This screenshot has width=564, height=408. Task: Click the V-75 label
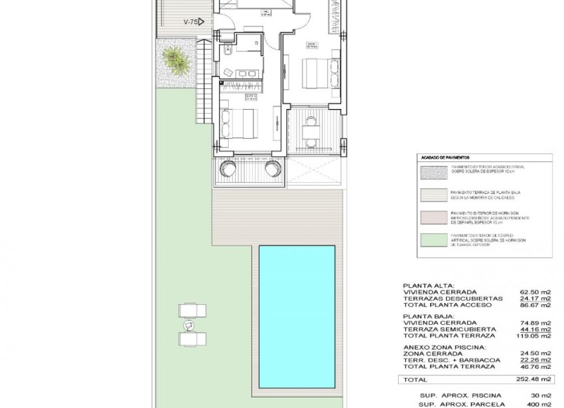[191, 22]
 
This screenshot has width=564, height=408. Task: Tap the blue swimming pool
[297, 316]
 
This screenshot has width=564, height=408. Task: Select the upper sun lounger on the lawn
[192, 310]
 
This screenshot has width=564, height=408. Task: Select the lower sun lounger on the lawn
[192, 338]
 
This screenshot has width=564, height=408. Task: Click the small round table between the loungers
[188, 325]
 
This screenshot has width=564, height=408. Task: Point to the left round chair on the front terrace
[227, 169]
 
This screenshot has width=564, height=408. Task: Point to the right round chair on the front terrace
[272, 169]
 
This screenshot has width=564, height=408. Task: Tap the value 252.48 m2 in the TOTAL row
[536, 379]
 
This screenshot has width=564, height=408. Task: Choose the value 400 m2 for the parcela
[540, 404]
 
